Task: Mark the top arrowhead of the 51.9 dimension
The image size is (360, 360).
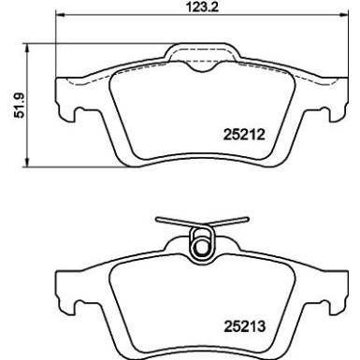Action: click(x=25, y=47)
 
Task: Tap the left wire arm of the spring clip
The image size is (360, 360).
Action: click(x=173, y=224)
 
